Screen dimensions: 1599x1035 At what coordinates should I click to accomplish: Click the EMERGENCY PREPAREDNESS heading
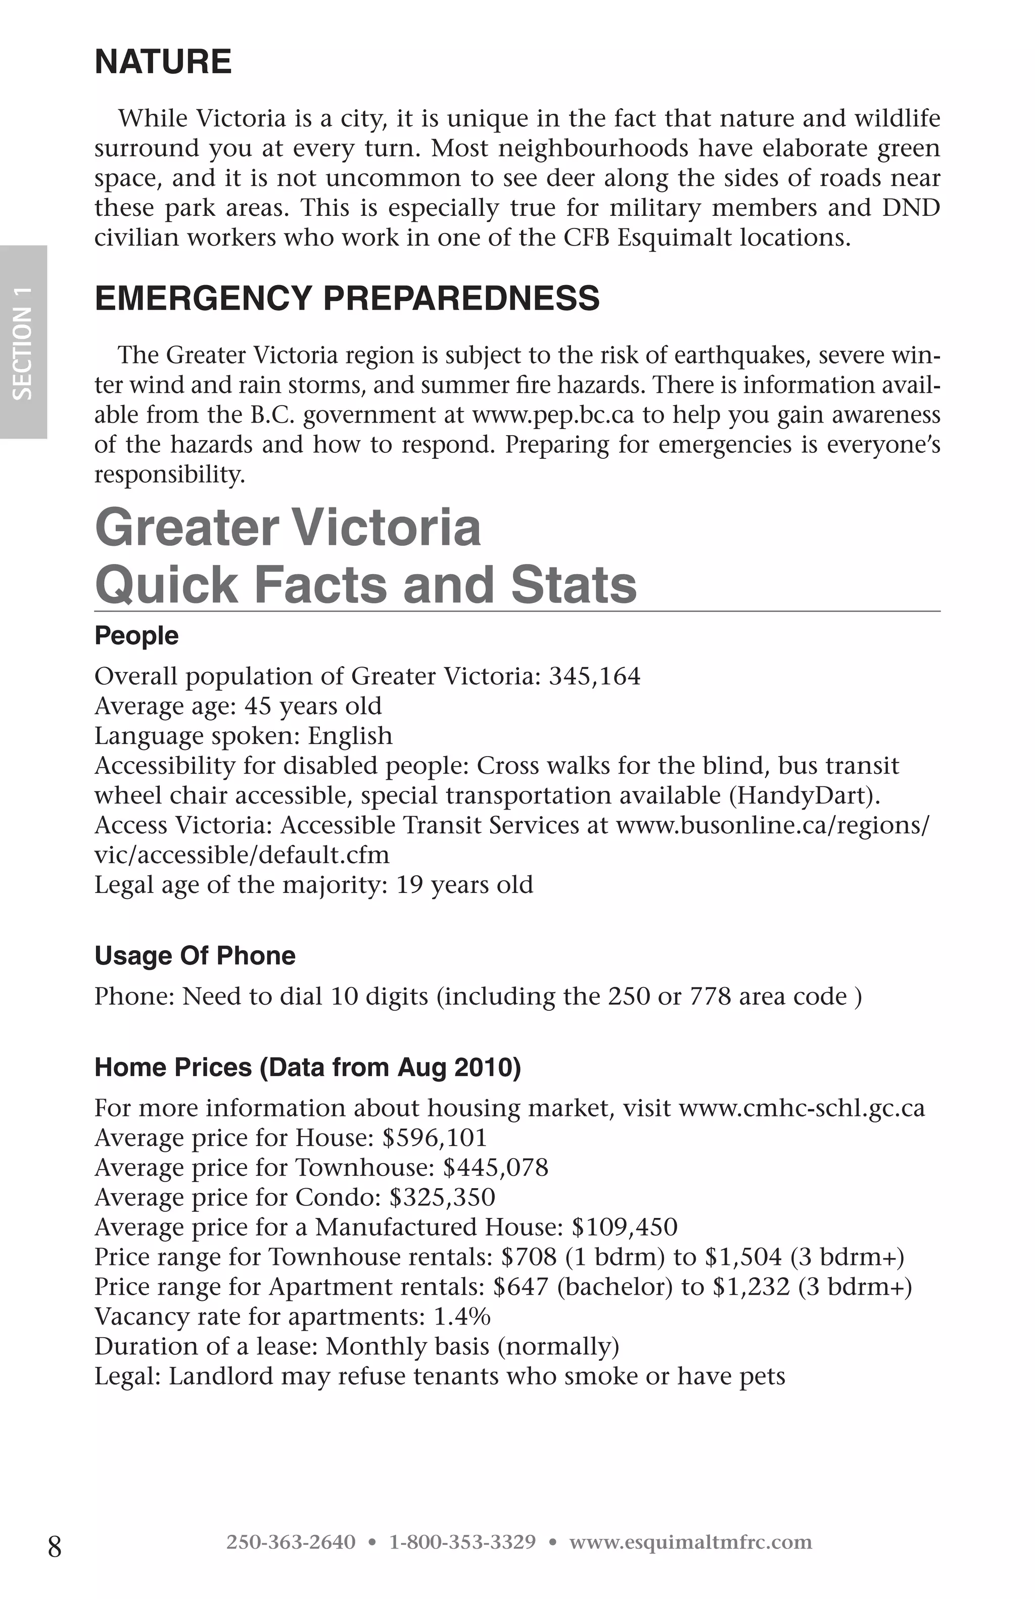click(347, 298)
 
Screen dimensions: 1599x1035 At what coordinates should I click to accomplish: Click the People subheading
click(136, 636)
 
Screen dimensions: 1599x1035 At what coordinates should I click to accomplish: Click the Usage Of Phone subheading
click(195, 955)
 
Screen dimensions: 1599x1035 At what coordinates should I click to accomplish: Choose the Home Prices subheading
click(308, 1067)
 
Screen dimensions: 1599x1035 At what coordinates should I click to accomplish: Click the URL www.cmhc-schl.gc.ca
click(802, 1108)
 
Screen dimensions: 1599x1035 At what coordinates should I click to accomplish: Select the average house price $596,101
click(434, 1138)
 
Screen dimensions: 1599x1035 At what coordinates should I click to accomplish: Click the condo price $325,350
click(442, 1197)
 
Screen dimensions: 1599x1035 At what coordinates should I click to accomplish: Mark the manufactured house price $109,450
click(624, 1227)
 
